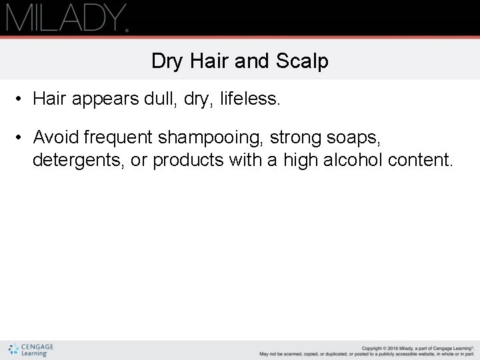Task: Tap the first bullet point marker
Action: click(21, 99)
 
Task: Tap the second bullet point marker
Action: click(21, 137)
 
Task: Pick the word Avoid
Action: click(57, 137)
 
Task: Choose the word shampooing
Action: click(210, 138)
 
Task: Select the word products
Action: click(189, 161)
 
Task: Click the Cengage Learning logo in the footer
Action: click(31, 350)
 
